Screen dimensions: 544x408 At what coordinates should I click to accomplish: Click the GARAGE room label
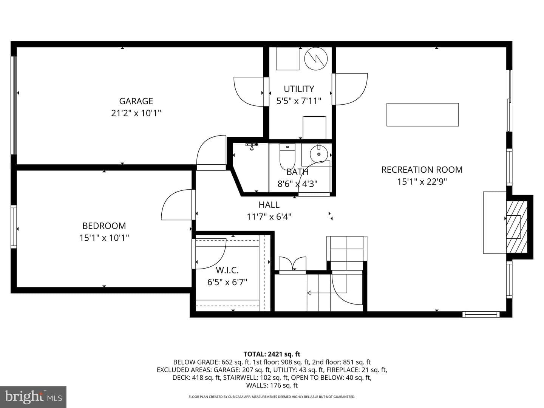coord(136,101)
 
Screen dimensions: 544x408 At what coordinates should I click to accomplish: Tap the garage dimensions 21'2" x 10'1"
coord(136,113)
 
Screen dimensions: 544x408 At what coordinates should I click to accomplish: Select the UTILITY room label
coord(299,89)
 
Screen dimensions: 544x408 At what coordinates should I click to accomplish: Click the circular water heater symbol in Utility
coord(316,59)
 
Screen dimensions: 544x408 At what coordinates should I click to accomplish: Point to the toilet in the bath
coord(287,156)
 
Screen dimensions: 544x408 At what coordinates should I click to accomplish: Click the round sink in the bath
coord(319,154)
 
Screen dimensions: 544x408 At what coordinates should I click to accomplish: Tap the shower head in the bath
coord(252,147)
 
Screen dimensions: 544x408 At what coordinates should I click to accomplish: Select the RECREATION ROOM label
coord(422,170)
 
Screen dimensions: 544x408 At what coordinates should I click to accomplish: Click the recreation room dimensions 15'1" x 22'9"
coord(422,182)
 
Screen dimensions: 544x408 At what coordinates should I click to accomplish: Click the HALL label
coord(269,205)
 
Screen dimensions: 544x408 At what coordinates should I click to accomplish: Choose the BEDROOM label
coord(104,226)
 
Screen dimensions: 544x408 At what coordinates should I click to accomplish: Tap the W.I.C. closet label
coord(227,270)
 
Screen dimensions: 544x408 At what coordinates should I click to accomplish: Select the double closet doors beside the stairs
coord(292,264)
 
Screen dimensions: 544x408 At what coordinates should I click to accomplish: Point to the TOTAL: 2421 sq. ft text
coord(272,354)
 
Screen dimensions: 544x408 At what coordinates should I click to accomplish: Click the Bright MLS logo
coord(33,397)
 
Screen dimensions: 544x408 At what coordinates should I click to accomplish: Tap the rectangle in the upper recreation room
coord(423,114)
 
